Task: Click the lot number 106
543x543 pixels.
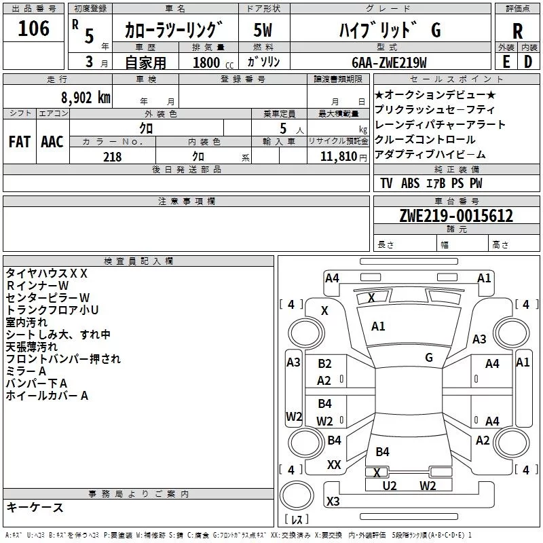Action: pos(33,28)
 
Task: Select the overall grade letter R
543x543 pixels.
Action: pos(517,31)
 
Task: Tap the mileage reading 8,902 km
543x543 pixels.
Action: pos(86,98)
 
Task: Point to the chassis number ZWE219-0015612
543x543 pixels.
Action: pos(456,215)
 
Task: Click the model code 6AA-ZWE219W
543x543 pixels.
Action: pos(389,62)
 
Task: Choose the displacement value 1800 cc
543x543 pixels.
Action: pos(213,62)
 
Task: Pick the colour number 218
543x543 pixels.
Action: pos(112,157)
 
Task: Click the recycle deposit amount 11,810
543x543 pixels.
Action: pos(338,157)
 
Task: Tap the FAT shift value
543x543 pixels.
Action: pos(20,142)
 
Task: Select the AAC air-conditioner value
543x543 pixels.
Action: pos(52,142)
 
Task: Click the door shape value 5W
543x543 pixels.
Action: pos(263,30)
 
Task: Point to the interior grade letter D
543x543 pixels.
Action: pos(528,62)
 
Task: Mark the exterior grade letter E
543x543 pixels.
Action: pos(506,62)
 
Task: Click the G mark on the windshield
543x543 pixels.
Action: pos(429,357)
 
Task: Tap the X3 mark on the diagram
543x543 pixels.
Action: pos(333,501)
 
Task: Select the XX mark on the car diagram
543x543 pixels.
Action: pos(334,464)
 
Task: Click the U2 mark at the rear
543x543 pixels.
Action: pos(390,485)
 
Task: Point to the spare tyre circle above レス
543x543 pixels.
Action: pos(296,496)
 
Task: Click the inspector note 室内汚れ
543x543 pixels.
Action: pos(26,322)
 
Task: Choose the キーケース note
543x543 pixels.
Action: pos(35,507)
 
